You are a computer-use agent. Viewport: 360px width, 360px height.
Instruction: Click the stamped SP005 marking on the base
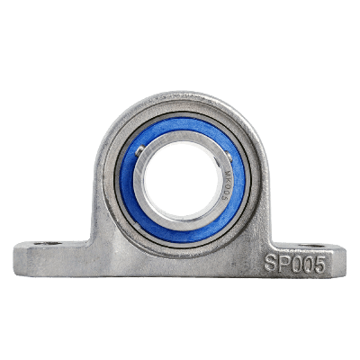coord(294,263)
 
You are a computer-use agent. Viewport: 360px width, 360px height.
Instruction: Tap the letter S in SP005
coord(271,263)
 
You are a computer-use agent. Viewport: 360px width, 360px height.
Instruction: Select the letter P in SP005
coord(283,263)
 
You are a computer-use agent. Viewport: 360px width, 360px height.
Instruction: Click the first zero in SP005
coord(295,263)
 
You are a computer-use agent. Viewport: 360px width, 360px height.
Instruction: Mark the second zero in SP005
coord(307,263)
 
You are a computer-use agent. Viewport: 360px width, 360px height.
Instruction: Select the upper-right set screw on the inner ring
coord(217,148)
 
